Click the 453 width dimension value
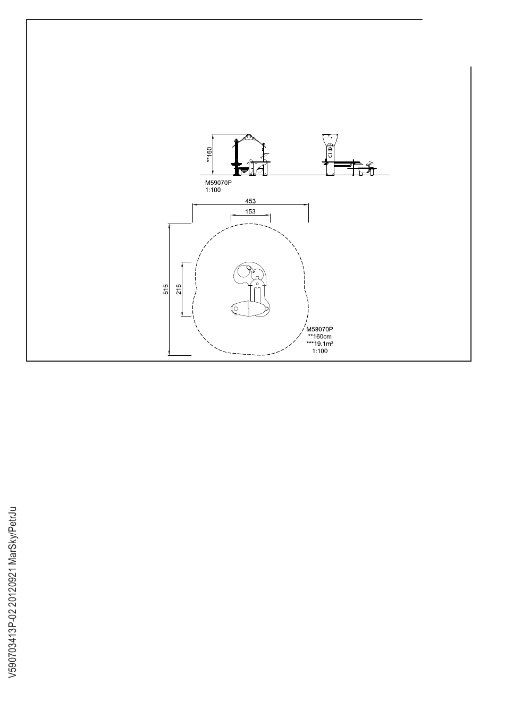point(250,201)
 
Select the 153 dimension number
point(250,211)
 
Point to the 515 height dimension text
point(166,289)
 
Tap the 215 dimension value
point(179,289)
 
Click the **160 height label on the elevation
point(209,155)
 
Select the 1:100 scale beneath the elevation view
point(213,190)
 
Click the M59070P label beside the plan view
point(320,329)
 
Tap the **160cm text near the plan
point(320,337)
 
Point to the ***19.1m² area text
point(320,344)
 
